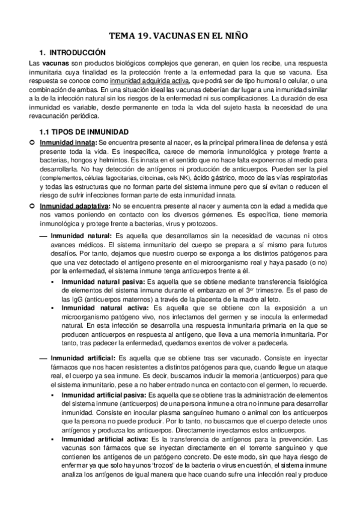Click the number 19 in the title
pos(147,36)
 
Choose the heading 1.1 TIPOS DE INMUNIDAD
pos(84,132)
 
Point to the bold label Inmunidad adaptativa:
pos(72,206)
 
